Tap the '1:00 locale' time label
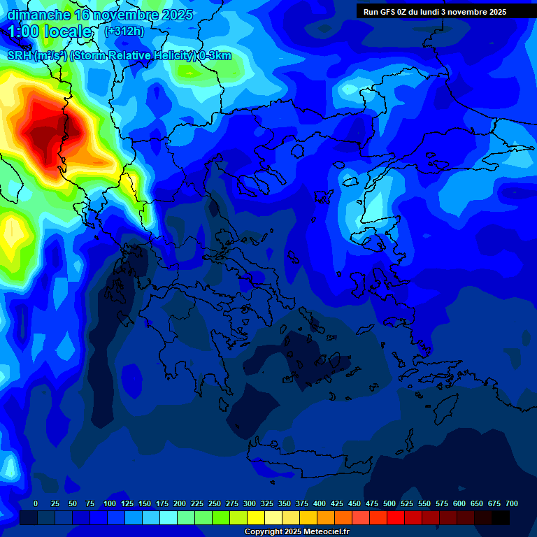coord(50,31)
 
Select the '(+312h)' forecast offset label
coord(124,31)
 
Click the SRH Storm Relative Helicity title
coord(119,55)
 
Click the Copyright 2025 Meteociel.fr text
coord(296,532)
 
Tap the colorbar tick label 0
coord(36,503)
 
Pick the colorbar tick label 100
coord(110,503)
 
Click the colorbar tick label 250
coord(215,503)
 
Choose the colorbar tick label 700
coord(512,503)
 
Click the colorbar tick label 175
coord(162,503)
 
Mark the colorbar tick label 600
coord(459,503)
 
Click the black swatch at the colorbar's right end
coord(501,517)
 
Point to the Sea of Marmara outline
coord(381,171)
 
